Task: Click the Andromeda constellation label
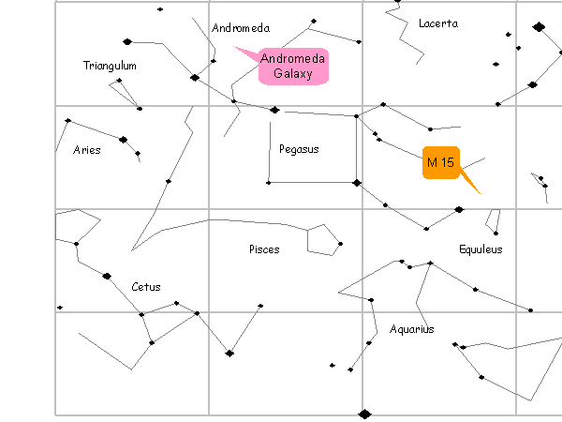point(241,28)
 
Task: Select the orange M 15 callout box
point(440,163)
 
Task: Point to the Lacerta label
point(438,23)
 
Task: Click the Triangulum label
point(110,66)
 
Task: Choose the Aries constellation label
point(86,150)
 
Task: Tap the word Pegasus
point(299,149)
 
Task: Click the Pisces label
point(264,249)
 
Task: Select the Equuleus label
point(481,249)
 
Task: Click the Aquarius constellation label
point(412,329)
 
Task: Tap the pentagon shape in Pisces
point(323,239)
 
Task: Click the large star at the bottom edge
point(364,414)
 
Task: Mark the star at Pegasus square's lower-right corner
point(356,182)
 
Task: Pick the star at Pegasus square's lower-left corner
point(269,182)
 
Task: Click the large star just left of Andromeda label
point(195,78)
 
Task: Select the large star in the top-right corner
point(539,27)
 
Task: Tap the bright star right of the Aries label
point(123,140)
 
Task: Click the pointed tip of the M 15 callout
point(480,193)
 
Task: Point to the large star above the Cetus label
point(107,276)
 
